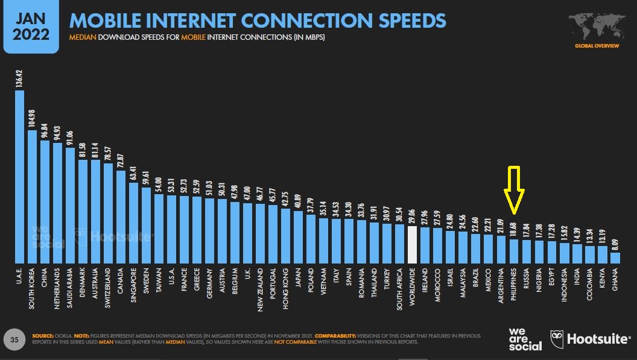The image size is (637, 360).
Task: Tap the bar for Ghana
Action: pyautogui.click(x=615, y=257)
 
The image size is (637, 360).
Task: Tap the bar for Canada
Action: pyautogui.click(x=121, y=216)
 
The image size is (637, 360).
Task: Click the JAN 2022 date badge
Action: pyautogui.click(x=31, y=27)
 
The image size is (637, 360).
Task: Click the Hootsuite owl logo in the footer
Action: pyautogui.click(x=557, y=338)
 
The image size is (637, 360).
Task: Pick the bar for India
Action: pyautogui.click(x=577, y=253)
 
